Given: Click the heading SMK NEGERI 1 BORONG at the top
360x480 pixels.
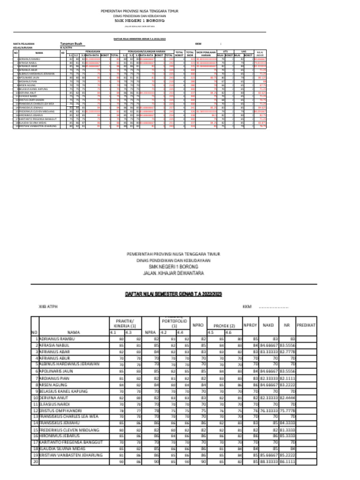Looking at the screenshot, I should pyautogui.click(x=140, y=21).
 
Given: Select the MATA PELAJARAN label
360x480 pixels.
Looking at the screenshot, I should pyautogui.click(x=23, y=44).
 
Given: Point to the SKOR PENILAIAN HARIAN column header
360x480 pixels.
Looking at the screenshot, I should pyautogui.click(x=206, y=53).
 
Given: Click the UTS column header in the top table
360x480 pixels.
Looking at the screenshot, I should pyautogui.click(x=225, y=52).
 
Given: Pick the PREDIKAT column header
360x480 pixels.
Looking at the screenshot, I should pyautogui.click(x=306, y=324).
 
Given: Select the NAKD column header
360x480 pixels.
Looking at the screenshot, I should pyautogui.click(x=268, y=324).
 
